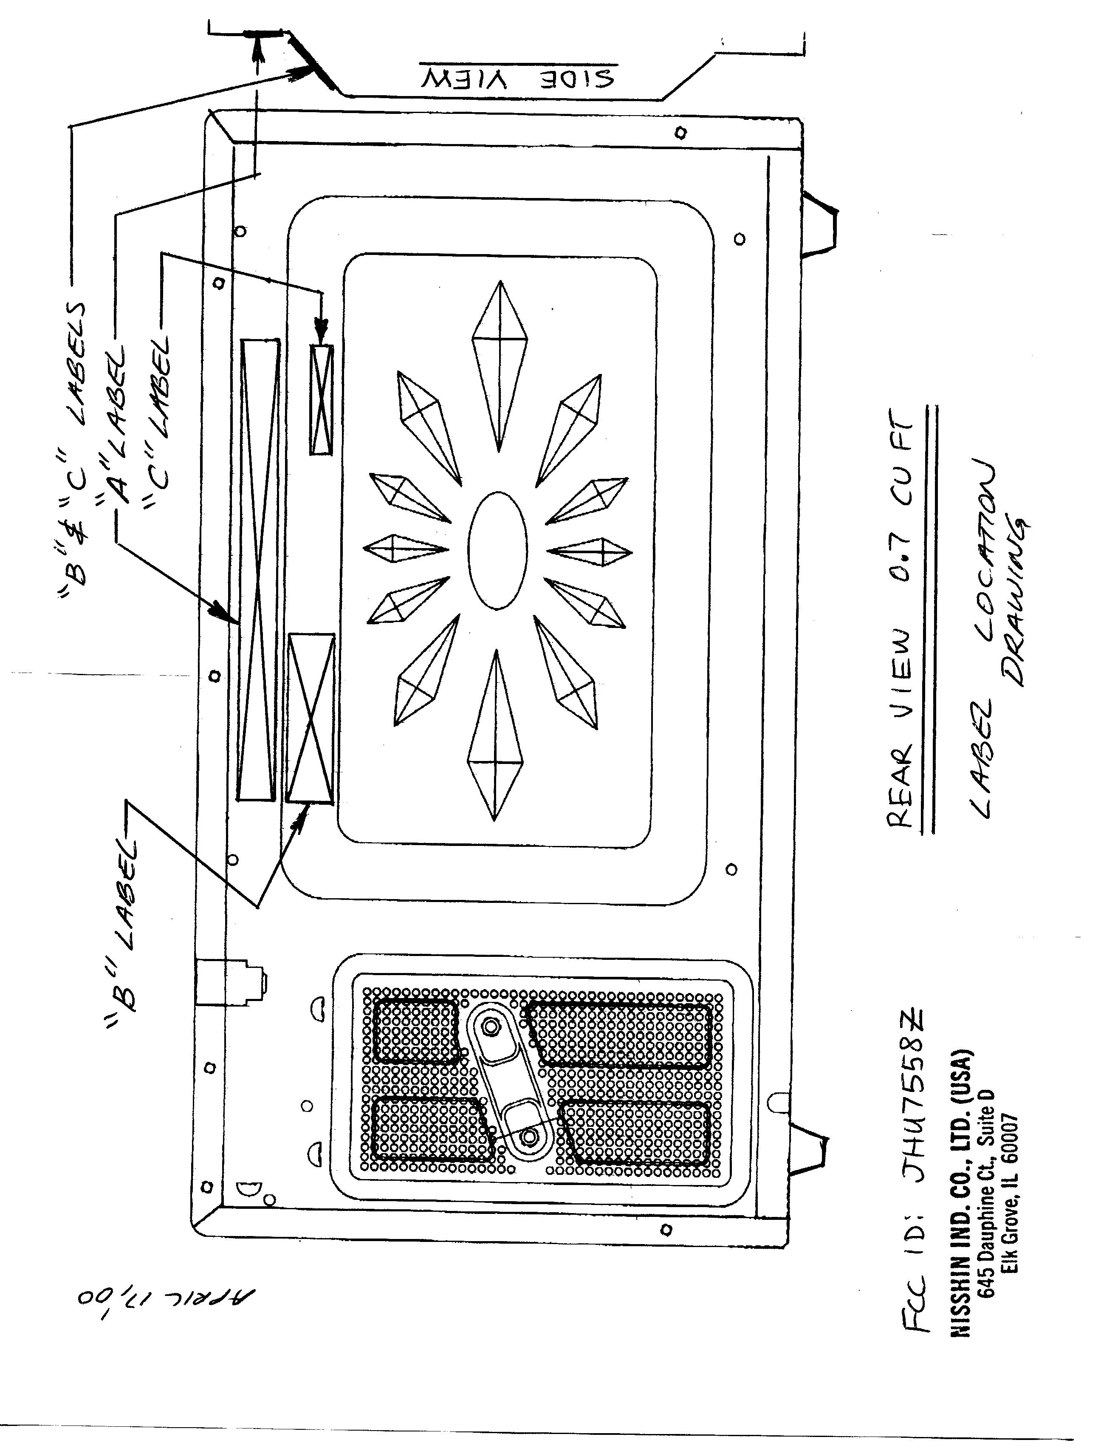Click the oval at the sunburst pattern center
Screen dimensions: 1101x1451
[x=498, y=550]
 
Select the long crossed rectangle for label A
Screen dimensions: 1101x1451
[x=258, y=569]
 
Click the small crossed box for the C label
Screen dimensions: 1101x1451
[x=321, y=399]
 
